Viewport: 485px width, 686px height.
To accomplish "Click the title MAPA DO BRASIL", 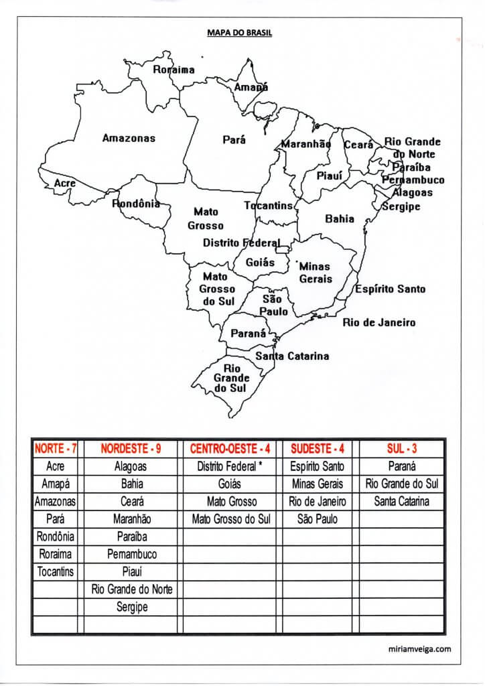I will (242, 31).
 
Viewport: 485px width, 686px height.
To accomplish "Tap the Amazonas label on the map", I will (129, 138).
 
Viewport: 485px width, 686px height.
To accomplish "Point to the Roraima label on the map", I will (174, 70).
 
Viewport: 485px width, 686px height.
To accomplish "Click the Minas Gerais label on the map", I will (316, 273).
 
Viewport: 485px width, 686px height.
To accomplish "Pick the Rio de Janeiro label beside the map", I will (379, 322).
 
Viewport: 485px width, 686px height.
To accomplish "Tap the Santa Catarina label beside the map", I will (292, 356).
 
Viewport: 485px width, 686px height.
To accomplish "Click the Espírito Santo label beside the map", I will (390, 289).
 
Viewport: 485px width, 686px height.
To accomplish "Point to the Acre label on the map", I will (65, 183).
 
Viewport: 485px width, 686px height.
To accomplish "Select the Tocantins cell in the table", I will (56, 571).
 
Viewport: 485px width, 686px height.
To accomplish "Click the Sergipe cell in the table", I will (131, 607).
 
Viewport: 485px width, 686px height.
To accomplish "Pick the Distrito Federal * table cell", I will (229, 466).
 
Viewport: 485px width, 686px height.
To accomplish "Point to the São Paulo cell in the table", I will (318, 519).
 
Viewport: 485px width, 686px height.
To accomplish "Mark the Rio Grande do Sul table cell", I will (402, 483).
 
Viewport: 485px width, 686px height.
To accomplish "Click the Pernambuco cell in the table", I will (131, 554).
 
